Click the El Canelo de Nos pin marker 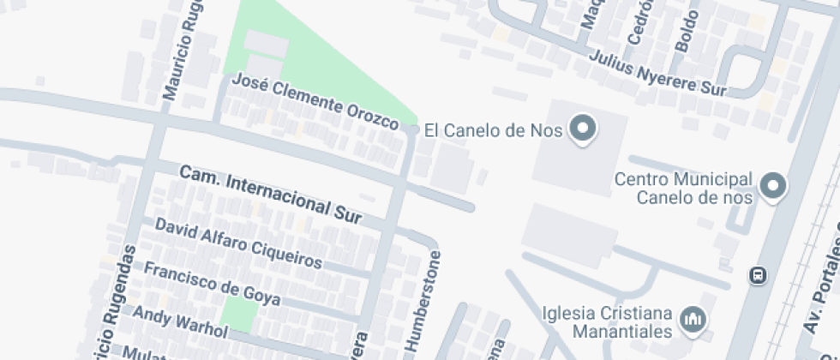[x=585, y=129]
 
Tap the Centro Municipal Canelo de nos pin [x=774, y=186]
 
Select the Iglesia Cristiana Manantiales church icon [x=692, y=321]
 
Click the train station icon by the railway [x=758, y=276]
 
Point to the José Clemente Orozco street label [x=316, y=102]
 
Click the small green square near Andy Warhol [x=238, y=315]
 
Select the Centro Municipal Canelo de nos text [x=683, y=189]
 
